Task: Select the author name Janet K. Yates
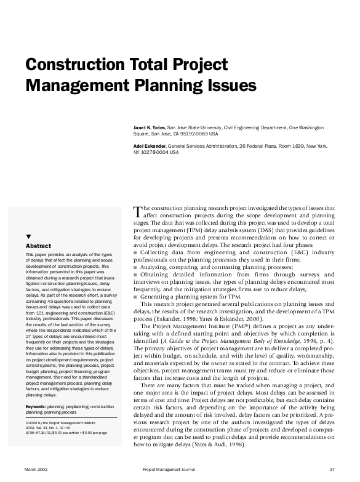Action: pos(149,126)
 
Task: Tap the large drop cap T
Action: pos(137,212)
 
